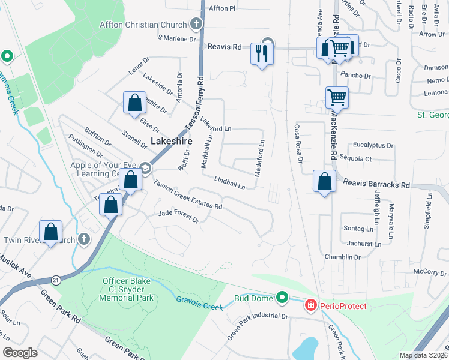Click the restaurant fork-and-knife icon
262,54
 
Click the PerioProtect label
343,306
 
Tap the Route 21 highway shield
56,280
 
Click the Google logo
20,352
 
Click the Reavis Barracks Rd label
376,185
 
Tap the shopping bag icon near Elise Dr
134,103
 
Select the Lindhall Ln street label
230,182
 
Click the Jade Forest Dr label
178,215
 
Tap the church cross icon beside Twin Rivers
84,239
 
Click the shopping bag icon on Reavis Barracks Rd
324,182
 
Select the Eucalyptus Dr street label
373,145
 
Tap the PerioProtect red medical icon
310,306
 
